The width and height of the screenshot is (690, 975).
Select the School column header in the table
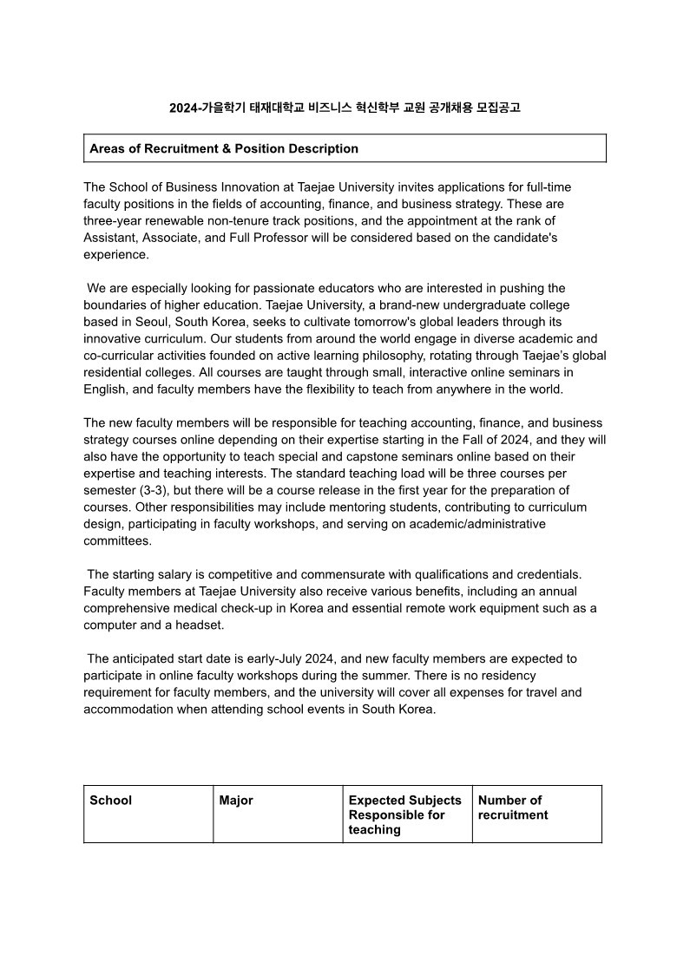111,800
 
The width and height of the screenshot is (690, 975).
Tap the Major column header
236,800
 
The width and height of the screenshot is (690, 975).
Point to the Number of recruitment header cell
513,808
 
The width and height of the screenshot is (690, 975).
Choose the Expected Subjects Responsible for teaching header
405,815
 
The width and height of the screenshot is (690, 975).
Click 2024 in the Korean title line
183,108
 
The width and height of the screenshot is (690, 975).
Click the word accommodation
126,709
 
